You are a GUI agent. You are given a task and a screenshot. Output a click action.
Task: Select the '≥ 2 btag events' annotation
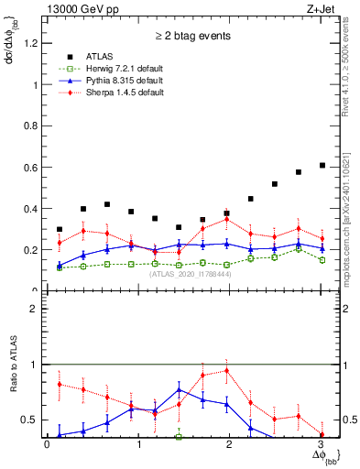tap(192, 38)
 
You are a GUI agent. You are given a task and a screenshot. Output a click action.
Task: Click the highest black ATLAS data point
tap(322, 165)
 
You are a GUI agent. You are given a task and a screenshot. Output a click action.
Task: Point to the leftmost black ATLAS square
tap(60, 229)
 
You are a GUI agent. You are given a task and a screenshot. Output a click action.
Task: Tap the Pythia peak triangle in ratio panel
tap(180, 389)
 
